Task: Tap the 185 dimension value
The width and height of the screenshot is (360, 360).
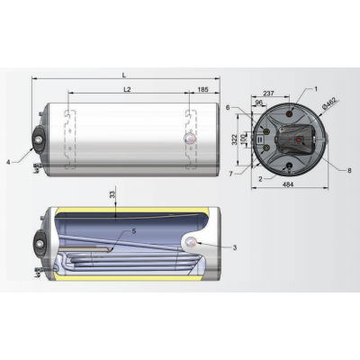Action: pyautogui.click(x=203, y=91)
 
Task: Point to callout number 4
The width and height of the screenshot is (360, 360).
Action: pyautogui.click(x=9, y=162)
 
